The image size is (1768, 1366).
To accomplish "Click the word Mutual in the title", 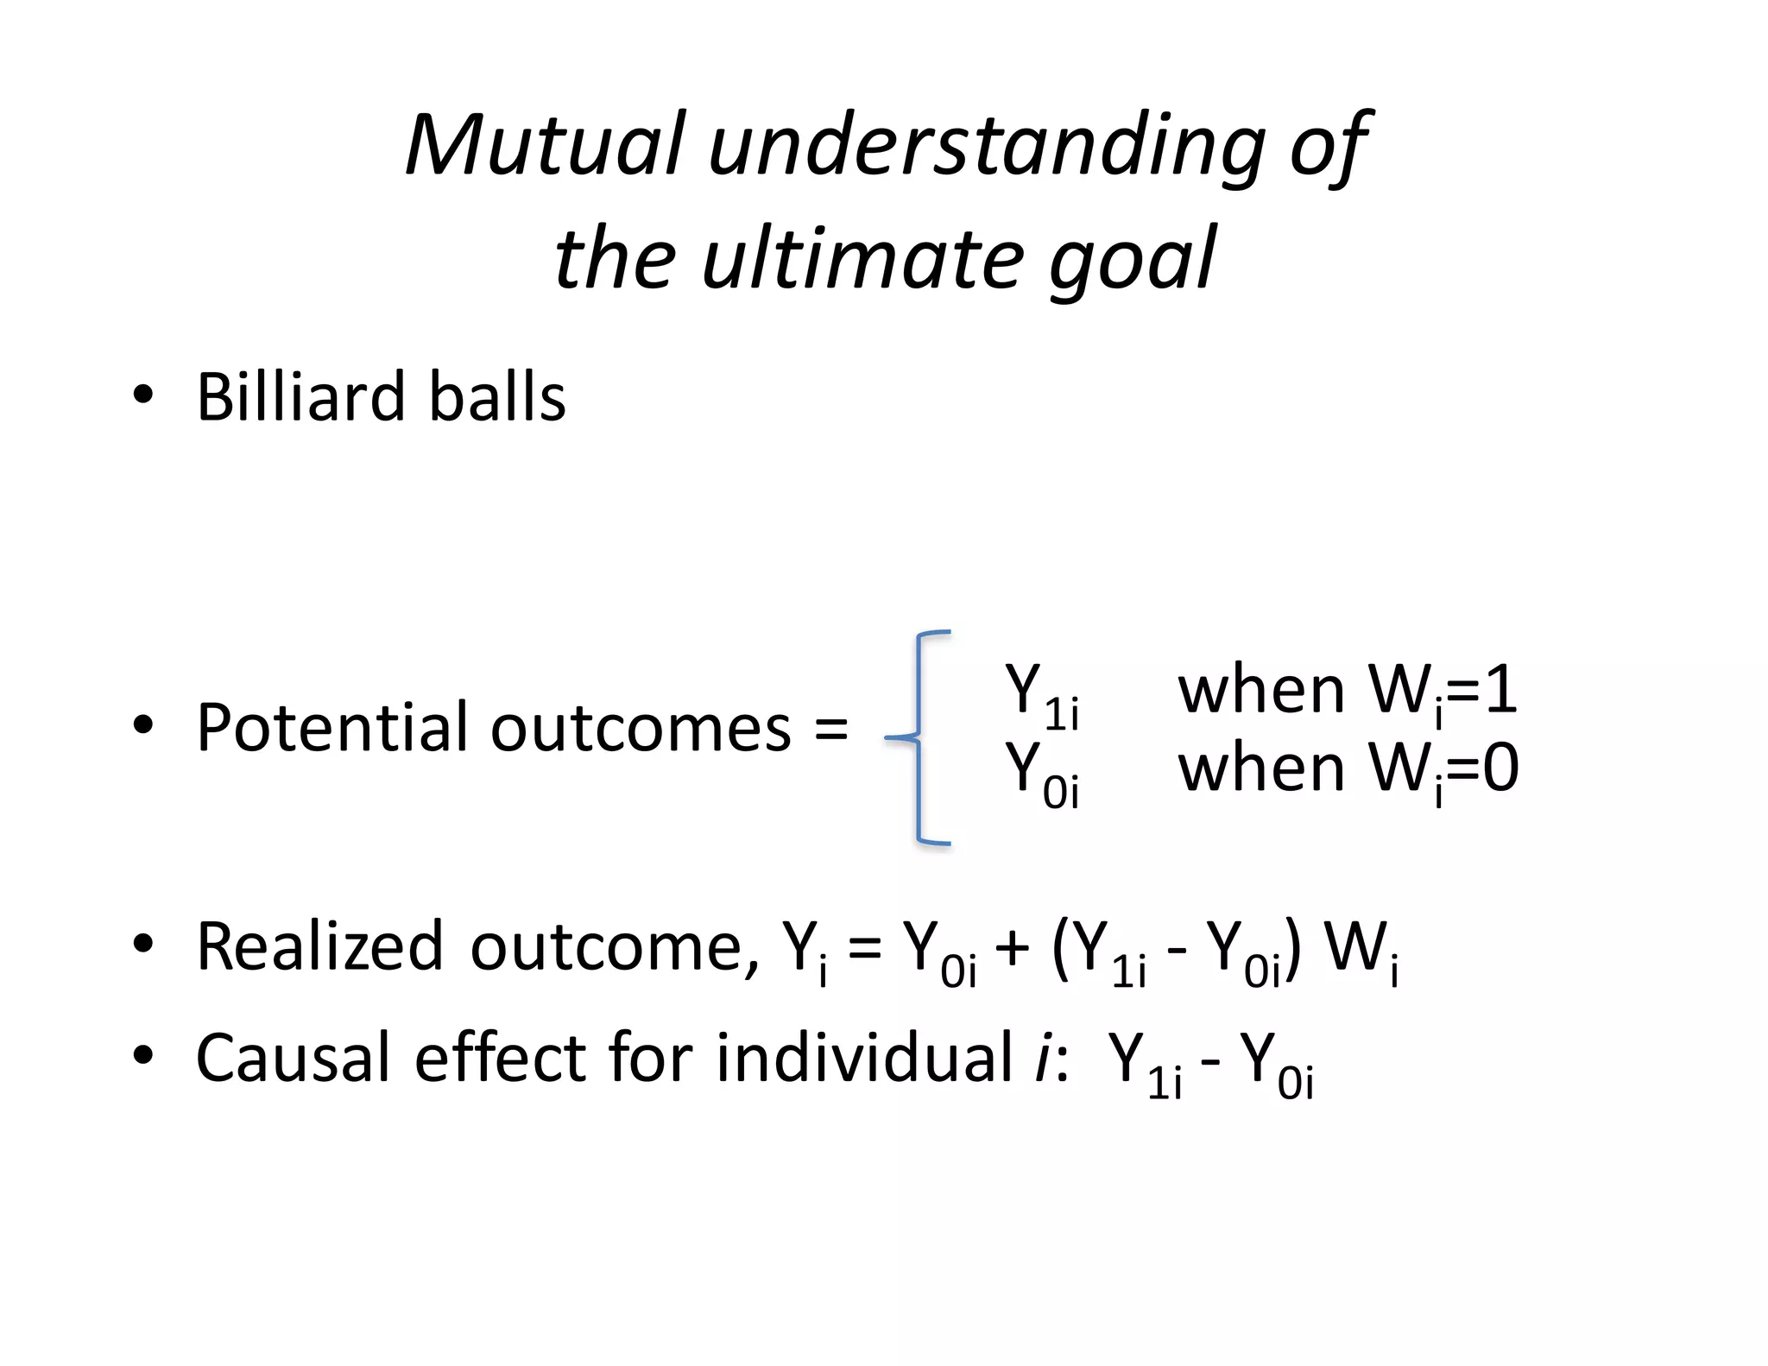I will [x=546, y=144].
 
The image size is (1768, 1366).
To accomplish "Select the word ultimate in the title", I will [x=863, y=258].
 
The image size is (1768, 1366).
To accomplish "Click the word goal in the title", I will [x=1132, y=258].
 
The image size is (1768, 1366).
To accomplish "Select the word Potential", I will [x=332, y=727].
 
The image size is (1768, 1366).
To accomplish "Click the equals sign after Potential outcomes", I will [x=830, y=729].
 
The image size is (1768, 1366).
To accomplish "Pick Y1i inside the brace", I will [x=1041, y=696].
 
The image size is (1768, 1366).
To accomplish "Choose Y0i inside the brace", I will [x=1041, y=774].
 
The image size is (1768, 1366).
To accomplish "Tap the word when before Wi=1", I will [x=1261, y=691].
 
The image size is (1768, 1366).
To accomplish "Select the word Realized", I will [x=319, y=946].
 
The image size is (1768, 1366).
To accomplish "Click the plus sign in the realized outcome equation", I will [x=1012, y=948].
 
